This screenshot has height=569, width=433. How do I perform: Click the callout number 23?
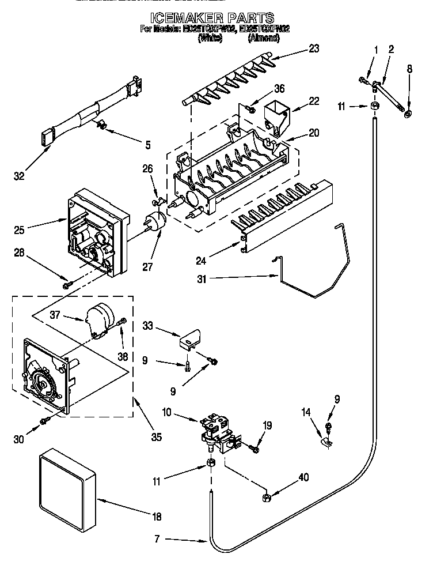click(x=314, y=49)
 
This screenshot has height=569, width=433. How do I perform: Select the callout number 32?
click(x=18, y=176)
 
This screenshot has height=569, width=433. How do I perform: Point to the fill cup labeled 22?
click(x=277, y=114)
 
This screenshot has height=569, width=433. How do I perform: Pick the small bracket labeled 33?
click(x=191, y=338)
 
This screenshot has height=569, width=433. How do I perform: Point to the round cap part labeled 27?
click(x=154, y=222)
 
